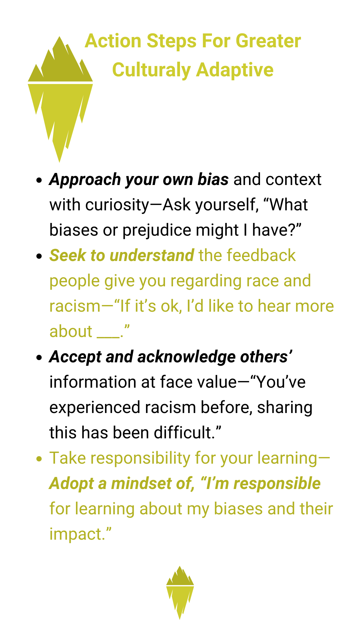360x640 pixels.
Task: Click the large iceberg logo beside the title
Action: click(60, 100)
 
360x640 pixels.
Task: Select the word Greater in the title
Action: click(268, 41)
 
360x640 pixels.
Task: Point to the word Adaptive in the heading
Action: click(235, 71)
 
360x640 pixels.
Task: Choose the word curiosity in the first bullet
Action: click(117, 205)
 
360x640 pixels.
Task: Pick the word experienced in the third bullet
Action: click(95, 408)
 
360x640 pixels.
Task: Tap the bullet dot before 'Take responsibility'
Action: click(39, 459)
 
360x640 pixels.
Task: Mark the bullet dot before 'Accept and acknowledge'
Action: click(39, 357)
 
